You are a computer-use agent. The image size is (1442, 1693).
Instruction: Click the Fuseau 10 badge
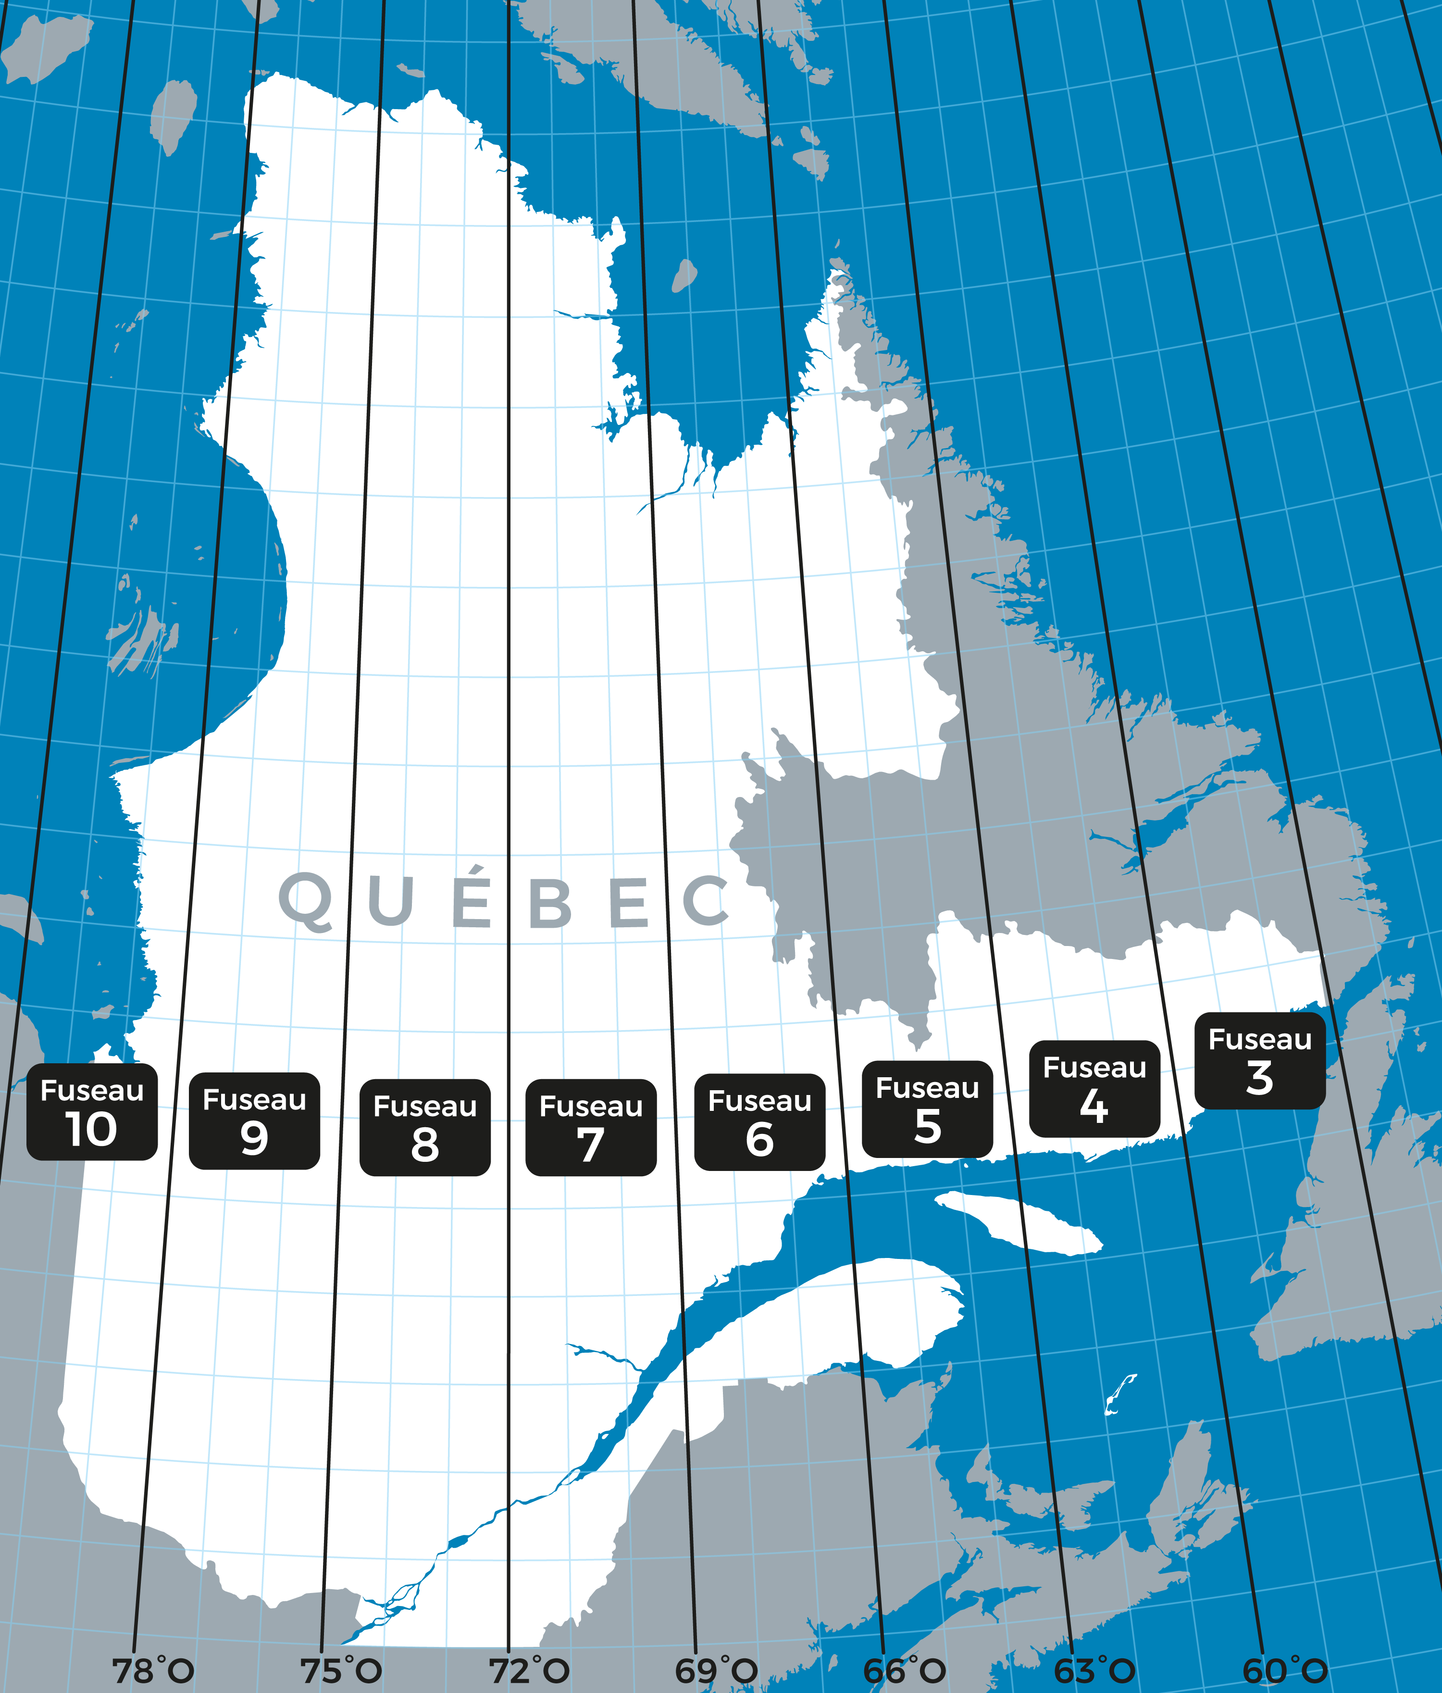click(x=91, y=1111)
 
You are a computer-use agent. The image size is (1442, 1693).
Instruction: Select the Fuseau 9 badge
click(x=254, y=1120)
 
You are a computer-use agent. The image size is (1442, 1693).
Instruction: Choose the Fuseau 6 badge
click(x=759, y=1122)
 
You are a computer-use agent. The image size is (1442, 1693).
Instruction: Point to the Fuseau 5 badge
click(x=927, y=1109)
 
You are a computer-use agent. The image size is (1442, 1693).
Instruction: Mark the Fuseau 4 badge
click(x=1094, y=1088)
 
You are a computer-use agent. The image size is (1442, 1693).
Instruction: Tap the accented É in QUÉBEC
click(x=472, y=899)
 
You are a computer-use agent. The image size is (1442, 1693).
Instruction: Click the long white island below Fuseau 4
click(x=1017, y=1221)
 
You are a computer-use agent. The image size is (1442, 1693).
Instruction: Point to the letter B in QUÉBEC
click(x=550, y=903)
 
